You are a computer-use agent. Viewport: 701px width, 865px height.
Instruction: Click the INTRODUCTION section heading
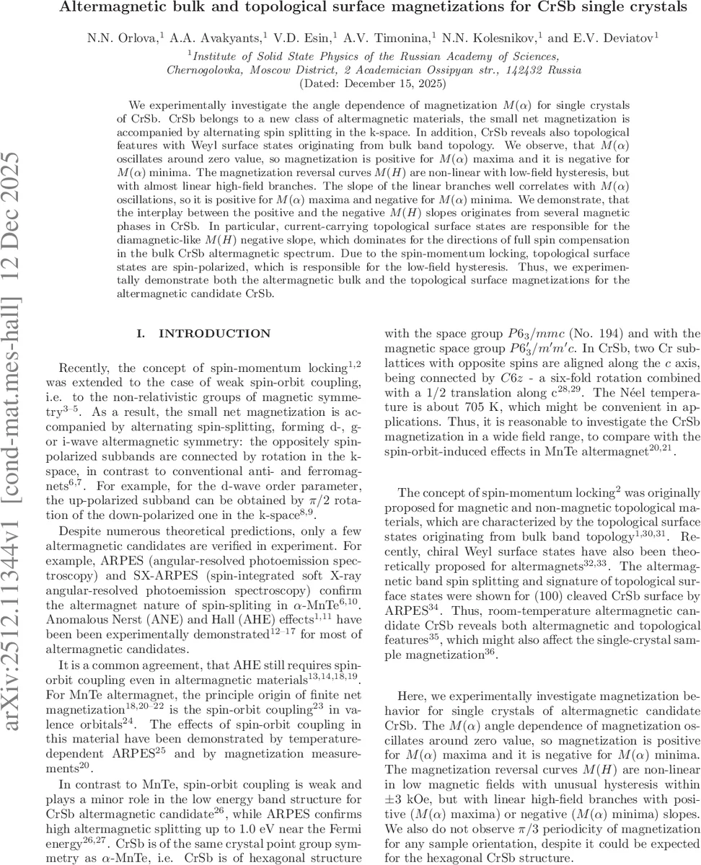tap(204, 334)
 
